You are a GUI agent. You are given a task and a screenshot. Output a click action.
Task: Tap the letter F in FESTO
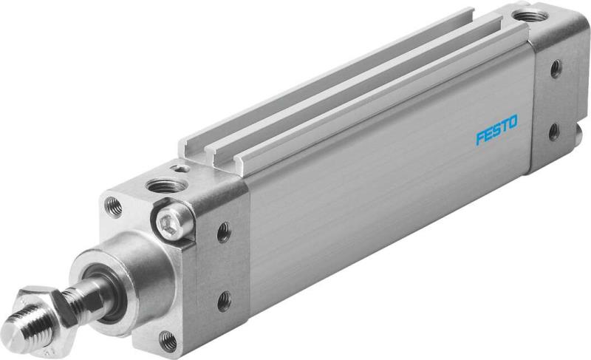click(x=479, y=136)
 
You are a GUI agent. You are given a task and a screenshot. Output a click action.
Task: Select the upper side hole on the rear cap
click(x=555, y=69)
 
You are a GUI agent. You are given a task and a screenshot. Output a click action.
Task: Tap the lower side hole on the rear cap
click(x=553, y=133)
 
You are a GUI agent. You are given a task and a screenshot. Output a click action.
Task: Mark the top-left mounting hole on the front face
click(x=113, y=205)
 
